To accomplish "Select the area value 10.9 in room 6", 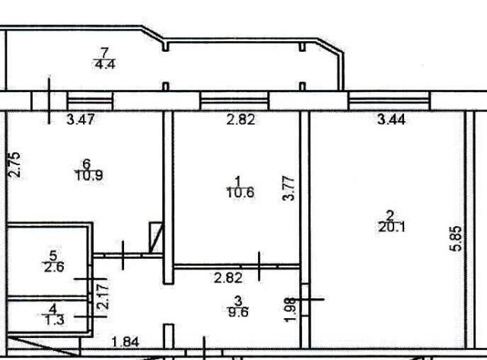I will pyautogui.click(x=88, y=175).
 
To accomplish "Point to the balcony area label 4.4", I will pyautogui.click(x=104, y=65).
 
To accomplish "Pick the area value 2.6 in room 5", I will pyautogui.click(x=53, y=266).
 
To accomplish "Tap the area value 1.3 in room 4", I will pyautogui.click(x=53, y=321).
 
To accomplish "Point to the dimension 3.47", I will pyautogui.click(x=82, y=119).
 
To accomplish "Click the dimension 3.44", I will pyautogui.click(x=390, y=119).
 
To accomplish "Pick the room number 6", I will pyautogui.click(x=87, y=163).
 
